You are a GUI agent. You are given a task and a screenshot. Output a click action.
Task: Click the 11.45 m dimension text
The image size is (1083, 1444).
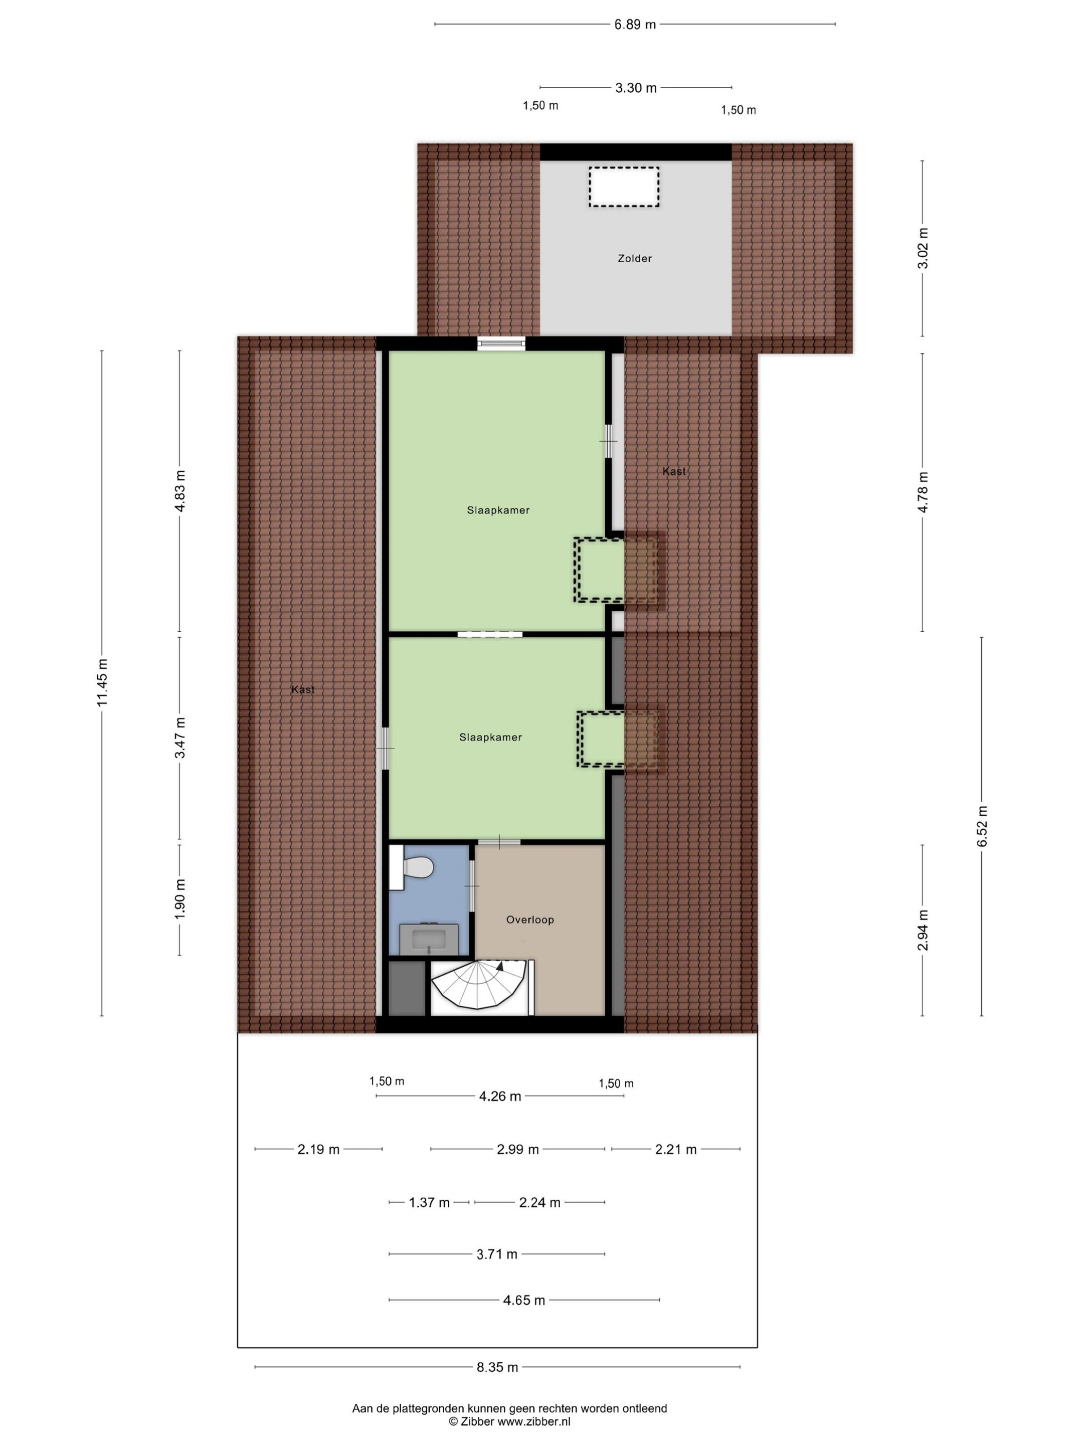click(102, 682)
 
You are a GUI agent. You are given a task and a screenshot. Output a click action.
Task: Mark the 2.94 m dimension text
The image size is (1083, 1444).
click(923, 930)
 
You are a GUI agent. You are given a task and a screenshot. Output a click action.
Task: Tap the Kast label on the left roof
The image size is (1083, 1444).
click(303, 689)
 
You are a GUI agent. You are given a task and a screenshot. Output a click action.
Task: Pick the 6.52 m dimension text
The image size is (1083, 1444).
click(982, 826)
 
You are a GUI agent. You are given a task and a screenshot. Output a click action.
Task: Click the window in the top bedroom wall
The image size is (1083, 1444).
click(501, 343)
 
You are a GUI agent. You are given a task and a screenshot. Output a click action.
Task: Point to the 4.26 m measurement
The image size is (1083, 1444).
click(500, 1097)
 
